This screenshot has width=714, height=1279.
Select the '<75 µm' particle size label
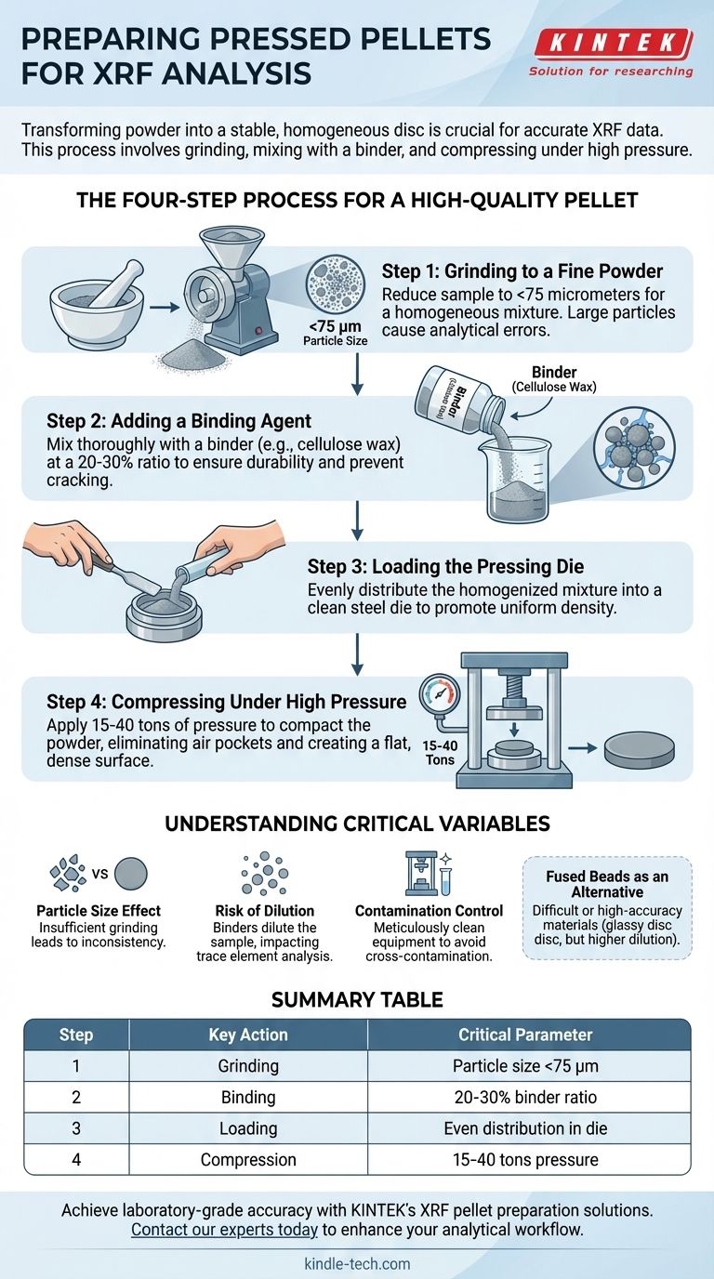pyautogui.click(x=336, y=326)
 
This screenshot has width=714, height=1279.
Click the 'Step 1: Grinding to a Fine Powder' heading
pyautogui.click(x=522, y=270)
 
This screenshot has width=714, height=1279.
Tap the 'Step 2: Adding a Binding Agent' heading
pyautogui.click(x=178, y=421)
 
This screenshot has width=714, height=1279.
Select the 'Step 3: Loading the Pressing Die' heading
pyautogui.click(x=445, y=566)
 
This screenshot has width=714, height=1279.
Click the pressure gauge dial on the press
pyautogui.click(x=439, y=694)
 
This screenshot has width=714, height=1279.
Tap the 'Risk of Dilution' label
pyautogui.click(x=264, y=911)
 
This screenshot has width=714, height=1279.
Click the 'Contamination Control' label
pyautogui.click(x=429, y=911)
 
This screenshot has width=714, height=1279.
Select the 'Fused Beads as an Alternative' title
pyautogui.click(x=607, y=885)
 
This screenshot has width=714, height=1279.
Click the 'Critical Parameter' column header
pyautogui.click(x=525, y=1035)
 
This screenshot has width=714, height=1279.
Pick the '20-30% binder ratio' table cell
pyautogui.click(x=525, y=1097)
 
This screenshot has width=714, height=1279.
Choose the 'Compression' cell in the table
pyautogui.click(x=248, y=1160)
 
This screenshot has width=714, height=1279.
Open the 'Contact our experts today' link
pyautogui.click(x=224, y=1229)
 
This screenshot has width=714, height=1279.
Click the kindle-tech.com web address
pyautogui.click(x=358, y=1263)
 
